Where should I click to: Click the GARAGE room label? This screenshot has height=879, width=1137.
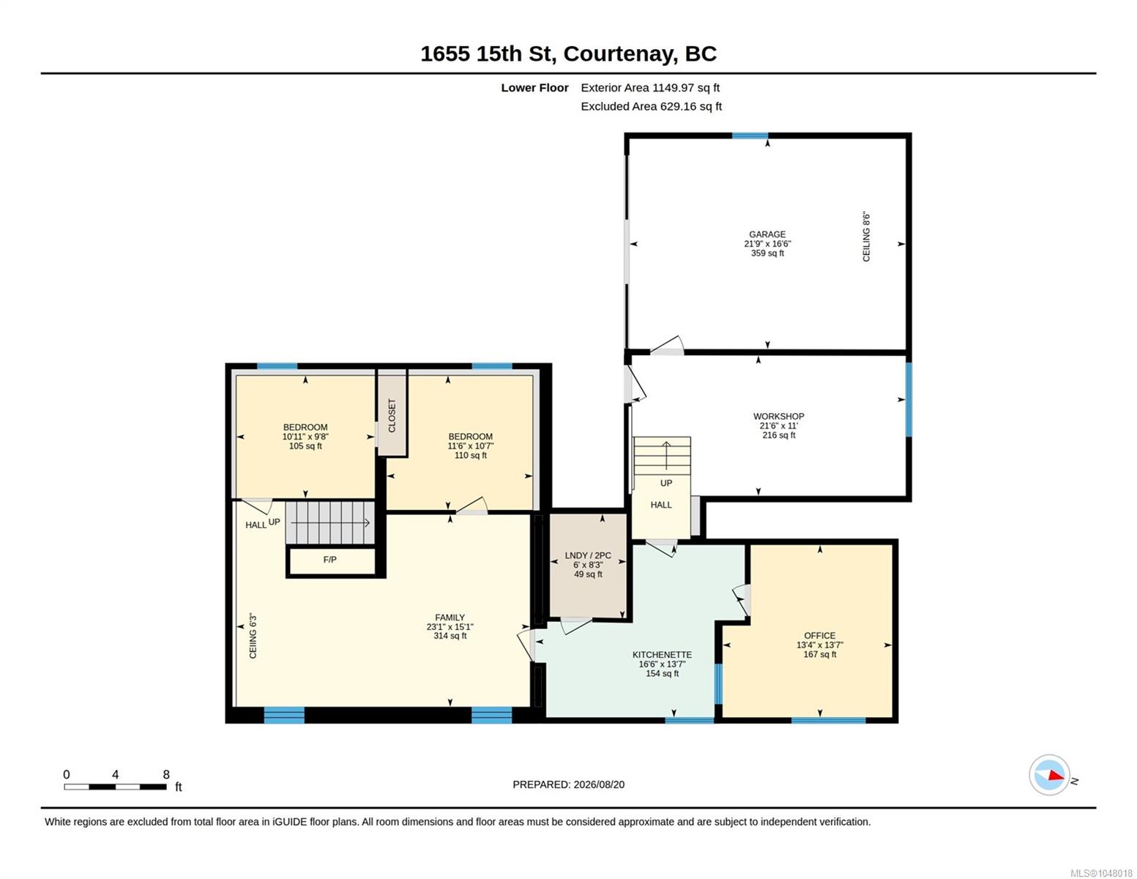767,234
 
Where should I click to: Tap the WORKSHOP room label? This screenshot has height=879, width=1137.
778,416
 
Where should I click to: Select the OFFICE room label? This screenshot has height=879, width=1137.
819,635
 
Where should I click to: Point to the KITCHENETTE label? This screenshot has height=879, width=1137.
661,654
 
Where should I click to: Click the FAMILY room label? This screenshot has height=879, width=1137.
450,617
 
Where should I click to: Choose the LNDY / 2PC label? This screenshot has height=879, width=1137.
588,555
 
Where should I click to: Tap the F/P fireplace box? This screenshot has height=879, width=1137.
331,560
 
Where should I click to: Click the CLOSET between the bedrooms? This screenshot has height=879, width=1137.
392,413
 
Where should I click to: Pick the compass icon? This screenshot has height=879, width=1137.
1048,774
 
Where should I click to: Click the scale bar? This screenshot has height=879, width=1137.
115,786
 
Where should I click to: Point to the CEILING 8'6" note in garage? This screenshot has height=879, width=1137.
866,237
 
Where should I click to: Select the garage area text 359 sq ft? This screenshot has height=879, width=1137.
767,253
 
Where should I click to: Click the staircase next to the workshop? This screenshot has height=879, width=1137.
661,456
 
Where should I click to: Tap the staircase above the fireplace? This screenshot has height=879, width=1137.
330,523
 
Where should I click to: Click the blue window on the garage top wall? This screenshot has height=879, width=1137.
749,136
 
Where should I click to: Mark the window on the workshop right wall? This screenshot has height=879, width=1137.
909,399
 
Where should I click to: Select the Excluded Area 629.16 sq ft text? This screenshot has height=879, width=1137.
651,106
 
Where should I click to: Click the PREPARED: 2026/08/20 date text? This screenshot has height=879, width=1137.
568,785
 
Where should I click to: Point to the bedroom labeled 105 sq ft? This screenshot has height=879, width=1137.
305,437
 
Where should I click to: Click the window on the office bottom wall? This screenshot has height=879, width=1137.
828,720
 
